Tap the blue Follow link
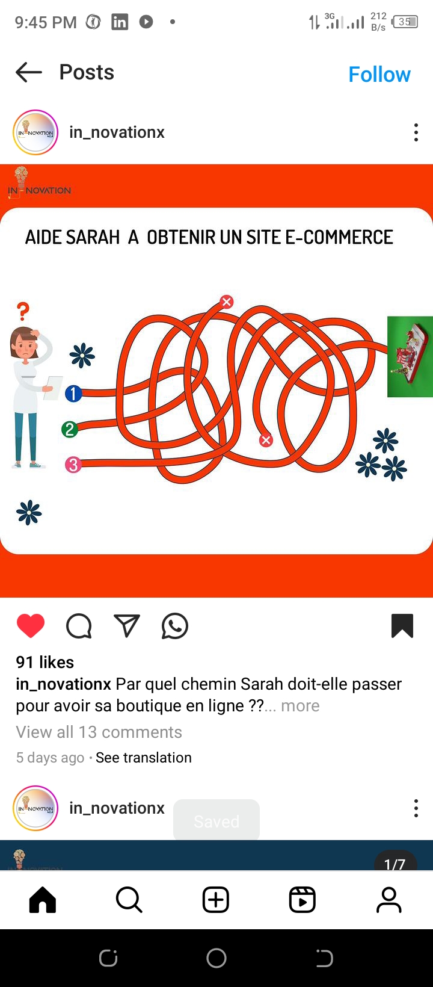point(379,75)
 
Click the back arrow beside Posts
point(29,72)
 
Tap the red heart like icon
point(31,626)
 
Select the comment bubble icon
point(79,626)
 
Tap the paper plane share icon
point(127,626)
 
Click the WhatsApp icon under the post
point(175,626)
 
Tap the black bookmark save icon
point(402,626)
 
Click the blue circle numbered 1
point(73,394)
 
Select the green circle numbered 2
point(70,429)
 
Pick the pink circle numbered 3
point(73,465)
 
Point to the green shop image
point(410,356)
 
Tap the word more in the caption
point(300,706)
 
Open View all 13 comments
point(99,732)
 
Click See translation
point(144,758)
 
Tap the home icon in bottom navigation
point(43,899)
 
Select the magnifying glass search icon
point(129,899)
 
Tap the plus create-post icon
point(216,899)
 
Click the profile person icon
point(389,899)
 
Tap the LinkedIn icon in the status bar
point(119,22)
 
